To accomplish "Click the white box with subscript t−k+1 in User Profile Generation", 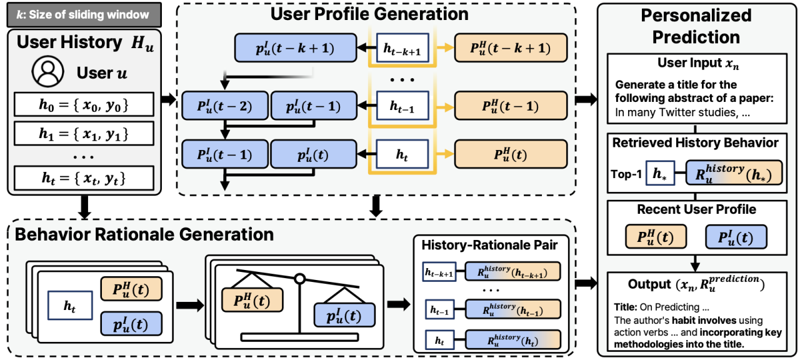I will [x=403, y=47].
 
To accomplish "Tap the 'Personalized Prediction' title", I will [x=696, y=26].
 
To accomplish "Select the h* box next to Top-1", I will [x=660, y=174].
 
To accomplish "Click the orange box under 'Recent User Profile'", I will [x=656, y=237].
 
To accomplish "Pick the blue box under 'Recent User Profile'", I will [x=736, y=237].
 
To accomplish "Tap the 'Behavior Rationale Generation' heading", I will [x=144, y=234].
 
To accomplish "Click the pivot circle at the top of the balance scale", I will [x=299, y=278].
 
